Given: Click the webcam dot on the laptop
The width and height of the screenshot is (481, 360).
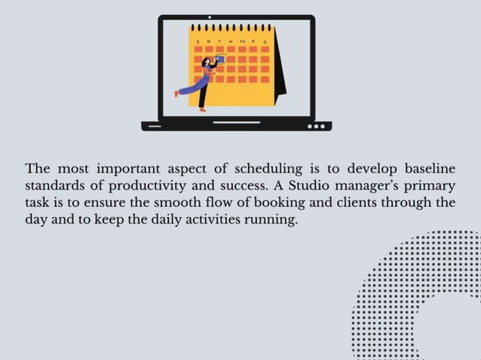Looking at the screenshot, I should pos(210,15).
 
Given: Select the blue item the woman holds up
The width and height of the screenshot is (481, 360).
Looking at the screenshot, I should pos(221,59).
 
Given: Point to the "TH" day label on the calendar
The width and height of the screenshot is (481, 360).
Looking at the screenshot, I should pos(244,38).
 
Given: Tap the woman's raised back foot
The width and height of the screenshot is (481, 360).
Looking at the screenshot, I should pos(178,93).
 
